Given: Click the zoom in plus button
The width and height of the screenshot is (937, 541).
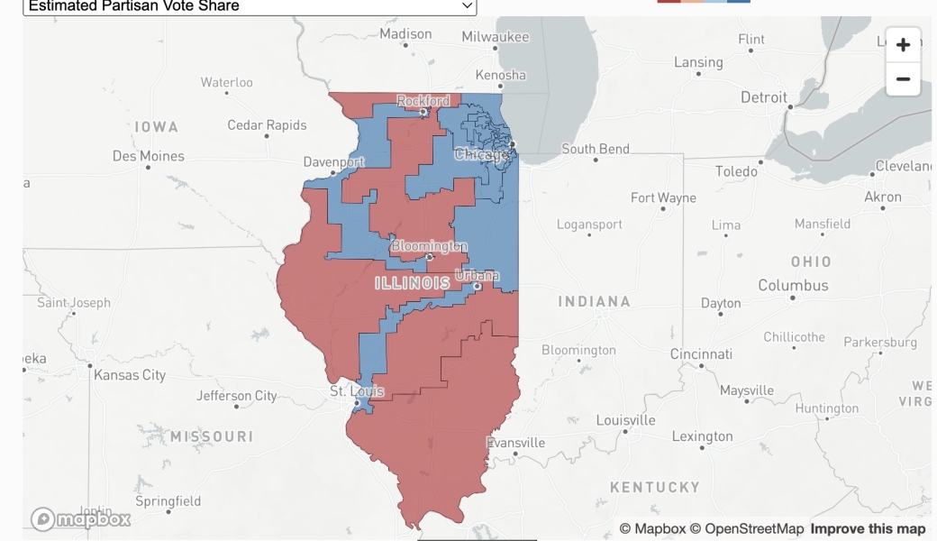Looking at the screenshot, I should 903,45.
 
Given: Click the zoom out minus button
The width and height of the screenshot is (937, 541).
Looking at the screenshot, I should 903,79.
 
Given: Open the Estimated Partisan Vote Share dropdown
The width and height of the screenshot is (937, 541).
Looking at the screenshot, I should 250,6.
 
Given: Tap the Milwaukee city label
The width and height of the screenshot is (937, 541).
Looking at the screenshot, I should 496,37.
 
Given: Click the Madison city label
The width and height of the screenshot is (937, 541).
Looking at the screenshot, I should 405,34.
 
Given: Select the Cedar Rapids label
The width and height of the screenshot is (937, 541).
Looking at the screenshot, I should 267,125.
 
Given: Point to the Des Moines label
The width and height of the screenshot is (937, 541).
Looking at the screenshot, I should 149,156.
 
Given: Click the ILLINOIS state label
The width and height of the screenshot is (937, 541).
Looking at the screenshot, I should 413,283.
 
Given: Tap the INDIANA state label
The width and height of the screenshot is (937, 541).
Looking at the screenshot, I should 594,301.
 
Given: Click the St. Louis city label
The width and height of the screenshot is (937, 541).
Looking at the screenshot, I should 357,391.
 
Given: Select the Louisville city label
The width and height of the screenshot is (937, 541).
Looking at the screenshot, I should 626,420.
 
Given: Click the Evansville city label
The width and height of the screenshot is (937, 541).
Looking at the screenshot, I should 515,443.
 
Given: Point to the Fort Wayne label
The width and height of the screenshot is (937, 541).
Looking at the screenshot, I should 663,197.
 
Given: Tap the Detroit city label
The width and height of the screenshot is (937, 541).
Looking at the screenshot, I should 764,97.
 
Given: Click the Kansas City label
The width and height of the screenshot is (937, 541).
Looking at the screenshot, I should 130,374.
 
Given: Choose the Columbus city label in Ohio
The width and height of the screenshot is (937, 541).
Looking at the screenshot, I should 793,285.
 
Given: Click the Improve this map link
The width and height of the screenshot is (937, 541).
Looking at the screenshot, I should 868,529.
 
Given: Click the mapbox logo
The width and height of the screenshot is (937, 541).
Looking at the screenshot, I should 81,518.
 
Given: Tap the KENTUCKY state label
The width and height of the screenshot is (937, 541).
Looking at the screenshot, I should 655,487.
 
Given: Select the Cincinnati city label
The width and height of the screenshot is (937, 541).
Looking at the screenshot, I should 702,354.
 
